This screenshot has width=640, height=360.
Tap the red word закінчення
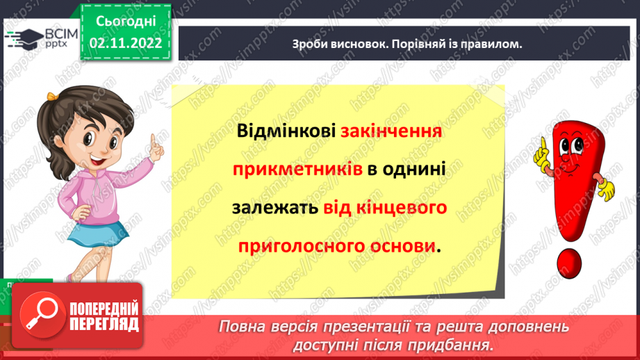[x=391, y=131]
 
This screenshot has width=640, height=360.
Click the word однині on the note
[x=414, y=170]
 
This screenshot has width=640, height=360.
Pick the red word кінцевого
[x=402, y=208]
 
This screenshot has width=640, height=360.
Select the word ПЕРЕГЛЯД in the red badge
[x=104, y=325]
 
